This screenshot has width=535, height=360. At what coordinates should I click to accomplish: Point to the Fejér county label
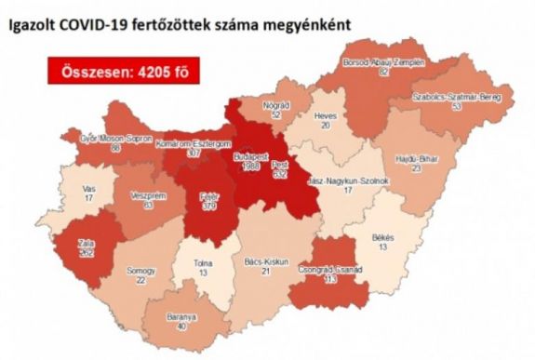[209, 198]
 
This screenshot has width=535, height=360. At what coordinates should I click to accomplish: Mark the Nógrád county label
[270, 111]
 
